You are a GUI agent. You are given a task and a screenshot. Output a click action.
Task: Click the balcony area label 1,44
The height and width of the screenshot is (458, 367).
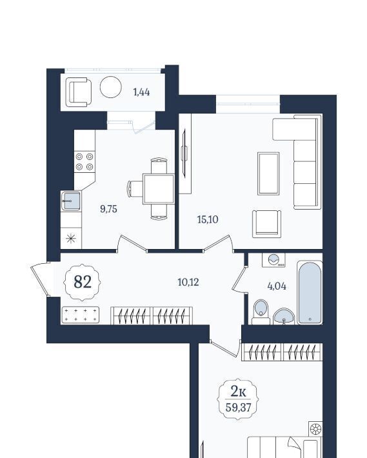coord(141,92)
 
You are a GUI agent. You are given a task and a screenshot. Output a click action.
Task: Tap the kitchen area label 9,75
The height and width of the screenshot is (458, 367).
coord(108,209)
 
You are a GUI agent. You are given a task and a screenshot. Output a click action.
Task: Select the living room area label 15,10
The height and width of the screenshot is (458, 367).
coord(208,219)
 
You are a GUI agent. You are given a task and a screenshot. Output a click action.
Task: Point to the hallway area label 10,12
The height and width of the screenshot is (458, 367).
coord(188,282)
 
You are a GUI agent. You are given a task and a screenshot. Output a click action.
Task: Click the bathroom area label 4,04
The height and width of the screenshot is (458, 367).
coord(277,286)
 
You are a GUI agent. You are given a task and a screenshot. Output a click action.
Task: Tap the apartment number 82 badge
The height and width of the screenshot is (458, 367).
coord(83,282)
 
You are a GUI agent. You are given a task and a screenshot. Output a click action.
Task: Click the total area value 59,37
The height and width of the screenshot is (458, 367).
coord(238,407)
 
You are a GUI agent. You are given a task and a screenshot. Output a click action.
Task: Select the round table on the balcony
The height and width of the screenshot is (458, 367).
coord(111,87)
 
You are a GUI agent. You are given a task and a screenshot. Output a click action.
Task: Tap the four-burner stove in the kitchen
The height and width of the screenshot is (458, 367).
coord(84,161)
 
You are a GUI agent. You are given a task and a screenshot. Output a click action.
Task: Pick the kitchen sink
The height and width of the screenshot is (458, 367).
coord(71,201)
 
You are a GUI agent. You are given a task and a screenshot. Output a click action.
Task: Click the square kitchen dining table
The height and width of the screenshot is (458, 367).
coord(159,189)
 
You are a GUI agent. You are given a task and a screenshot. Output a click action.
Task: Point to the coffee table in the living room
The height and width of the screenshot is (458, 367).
coord(268,174)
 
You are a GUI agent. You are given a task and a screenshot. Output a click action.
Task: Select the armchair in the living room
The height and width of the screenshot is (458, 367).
coord(267,224)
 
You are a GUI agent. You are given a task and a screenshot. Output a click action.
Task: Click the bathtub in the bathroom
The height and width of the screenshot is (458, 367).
coord(310,293)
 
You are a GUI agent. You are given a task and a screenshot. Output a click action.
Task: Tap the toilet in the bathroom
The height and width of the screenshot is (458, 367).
coord(261,312)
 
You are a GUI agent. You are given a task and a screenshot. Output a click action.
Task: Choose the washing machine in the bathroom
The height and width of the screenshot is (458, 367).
coord(273,260)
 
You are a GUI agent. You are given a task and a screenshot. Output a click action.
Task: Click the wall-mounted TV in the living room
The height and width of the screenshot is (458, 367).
coord(184,153)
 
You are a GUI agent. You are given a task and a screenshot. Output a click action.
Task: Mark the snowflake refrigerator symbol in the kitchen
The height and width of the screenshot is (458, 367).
coord(71,239)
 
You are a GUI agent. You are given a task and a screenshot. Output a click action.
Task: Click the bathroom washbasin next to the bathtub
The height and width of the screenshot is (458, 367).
coord(284,316)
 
